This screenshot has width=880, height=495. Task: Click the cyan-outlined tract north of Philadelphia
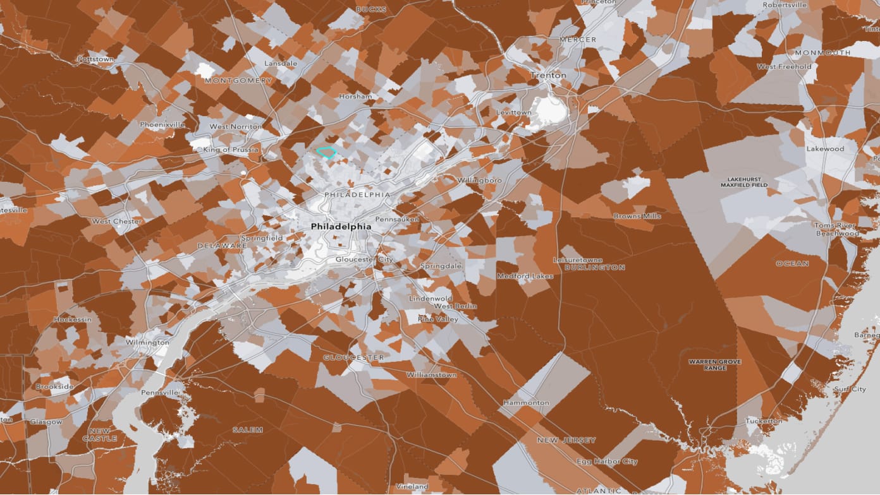(x=326, y=152)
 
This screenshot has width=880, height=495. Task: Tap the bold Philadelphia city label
(x=341, y=226)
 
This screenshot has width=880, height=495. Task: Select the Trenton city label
(x=548, y=75)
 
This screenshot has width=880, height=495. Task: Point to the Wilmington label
(x=147, y=342)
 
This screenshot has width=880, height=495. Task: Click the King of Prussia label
(x=231, y=150)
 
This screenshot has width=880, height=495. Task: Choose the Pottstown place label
(x=95, y=59)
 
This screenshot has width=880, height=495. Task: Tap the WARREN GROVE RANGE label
(x=714, y=364)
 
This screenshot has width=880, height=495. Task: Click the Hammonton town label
(x=526, y=402)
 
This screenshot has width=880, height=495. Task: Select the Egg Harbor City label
(x=607, y=462)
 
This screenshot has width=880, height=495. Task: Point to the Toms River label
(x=834, y=225)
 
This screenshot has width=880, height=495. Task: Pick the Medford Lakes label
(x=525, y=276)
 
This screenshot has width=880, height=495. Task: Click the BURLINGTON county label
(x=595, y=267)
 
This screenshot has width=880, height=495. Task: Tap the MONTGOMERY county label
(x=238, y=81)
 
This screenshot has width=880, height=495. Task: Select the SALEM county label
(x=247, y=429)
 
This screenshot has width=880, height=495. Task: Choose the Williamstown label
(x=431, y=374)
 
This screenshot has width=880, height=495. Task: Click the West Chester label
(x=117, y=221)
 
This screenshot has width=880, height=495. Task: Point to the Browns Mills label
(x=637, y=216)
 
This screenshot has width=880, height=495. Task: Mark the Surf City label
(x=850, y=389)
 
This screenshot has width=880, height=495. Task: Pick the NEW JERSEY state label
(x=566, y=440)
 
